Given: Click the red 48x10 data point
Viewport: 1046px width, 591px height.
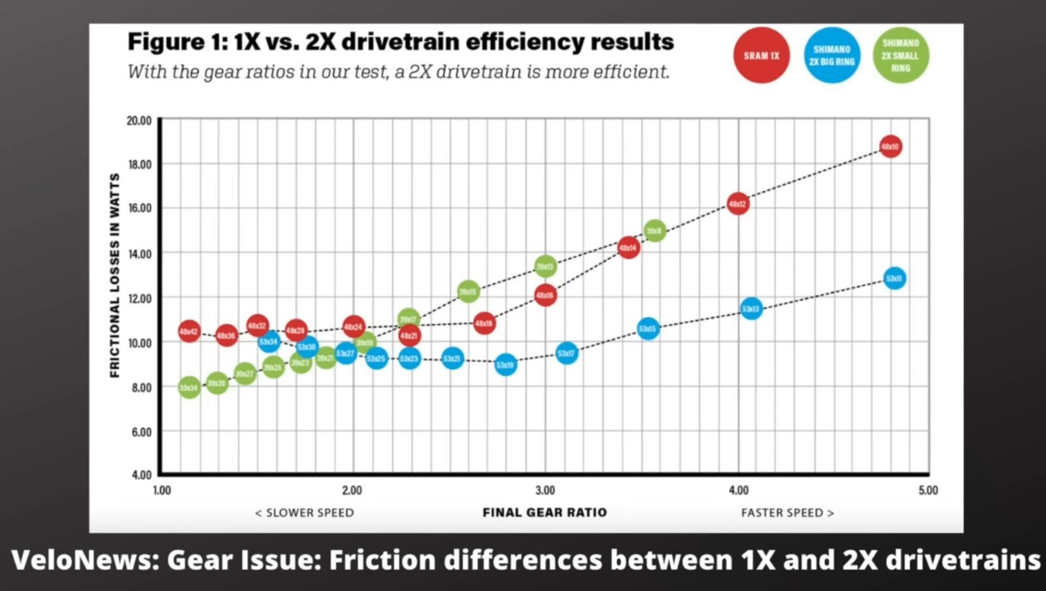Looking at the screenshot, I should click(890, 147).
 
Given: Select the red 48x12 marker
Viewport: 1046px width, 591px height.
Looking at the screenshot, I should click(738, 204).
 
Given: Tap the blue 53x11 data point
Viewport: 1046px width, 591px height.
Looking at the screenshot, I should click(894, 279).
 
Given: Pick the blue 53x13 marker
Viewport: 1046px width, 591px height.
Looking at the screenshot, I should click(751, 309).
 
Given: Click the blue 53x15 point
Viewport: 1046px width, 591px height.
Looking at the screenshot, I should click(648, 329).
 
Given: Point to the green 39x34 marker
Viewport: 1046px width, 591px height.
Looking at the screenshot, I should click(189, 389).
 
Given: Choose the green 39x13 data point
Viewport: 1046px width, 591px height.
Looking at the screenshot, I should click(545, 266).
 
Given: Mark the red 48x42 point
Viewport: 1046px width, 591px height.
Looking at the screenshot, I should click(189, 332).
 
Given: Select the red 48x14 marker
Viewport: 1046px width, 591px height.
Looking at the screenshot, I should click(628, 248).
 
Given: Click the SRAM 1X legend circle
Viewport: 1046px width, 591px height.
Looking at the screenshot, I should click(762, 56).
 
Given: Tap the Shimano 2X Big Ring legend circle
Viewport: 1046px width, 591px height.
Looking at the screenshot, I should click(832, 56).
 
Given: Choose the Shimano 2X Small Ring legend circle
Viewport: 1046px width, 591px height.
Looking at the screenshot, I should click(901, 56).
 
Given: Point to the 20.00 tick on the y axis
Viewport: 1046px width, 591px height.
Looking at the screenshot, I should click(139, 121).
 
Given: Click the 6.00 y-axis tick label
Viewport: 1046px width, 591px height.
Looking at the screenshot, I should click(141, 432).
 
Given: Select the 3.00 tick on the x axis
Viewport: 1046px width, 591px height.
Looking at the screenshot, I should click(545, 490).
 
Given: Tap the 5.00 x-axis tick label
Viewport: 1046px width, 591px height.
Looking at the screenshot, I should click(928, 490).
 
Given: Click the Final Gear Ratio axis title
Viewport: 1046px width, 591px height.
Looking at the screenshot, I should click(545, 513).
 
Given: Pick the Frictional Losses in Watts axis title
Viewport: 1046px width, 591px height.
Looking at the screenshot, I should click(115, 276).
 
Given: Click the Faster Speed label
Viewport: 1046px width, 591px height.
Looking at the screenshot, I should click(787, 513).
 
